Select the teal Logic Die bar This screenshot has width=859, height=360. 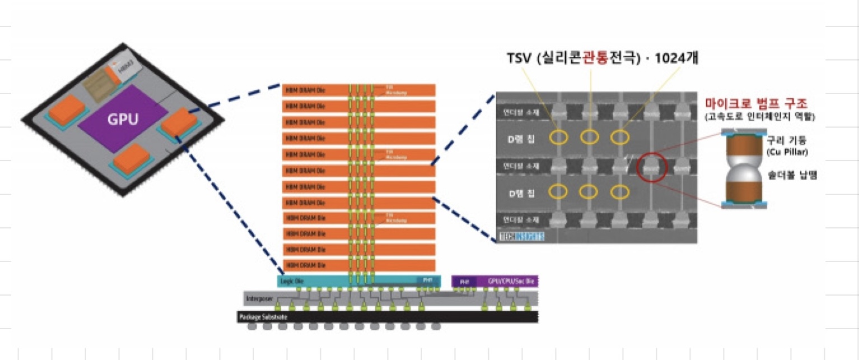click(x=358, y=280)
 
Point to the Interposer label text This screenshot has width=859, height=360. click(x=260, y=298)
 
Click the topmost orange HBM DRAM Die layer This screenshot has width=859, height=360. click(x=358, y=90)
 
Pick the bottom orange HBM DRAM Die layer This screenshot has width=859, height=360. click(x=358, y=264)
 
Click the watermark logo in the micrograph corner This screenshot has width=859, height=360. click(x=521, y=237)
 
